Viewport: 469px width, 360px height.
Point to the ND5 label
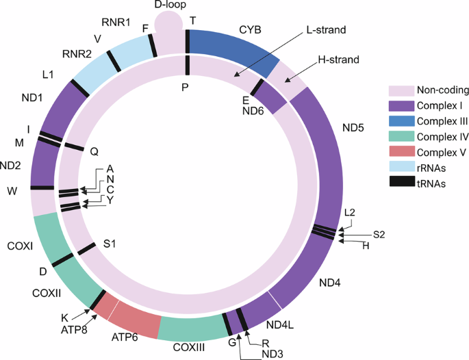coord(357,127)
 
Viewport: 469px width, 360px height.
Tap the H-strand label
coord(337,61)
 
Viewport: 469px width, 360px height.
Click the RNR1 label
coord(116,23)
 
